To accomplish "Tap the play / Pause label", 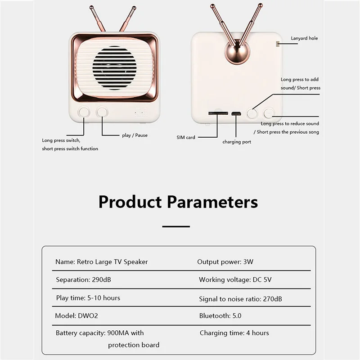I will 135,135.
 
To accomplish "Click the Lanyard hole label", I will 304,39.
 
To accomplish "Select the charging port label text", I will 237,142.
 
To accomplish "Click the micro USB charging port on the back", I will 236,113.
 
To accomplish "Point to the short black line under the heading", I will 176,226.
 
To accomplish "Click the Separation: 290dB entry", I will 83,279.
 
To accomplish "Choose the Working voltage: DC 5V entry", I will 235,279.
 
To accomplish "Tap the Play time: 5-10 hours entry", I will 88,298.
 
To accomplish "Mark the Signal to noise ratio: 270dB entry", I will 240,298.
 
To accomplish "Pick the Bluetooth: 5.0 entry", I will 220,316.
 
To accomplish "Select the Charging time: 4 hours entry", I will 234,333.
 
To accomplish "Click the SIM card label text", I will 186,137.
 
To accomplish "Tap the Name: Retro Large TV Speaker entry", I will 101,261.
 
